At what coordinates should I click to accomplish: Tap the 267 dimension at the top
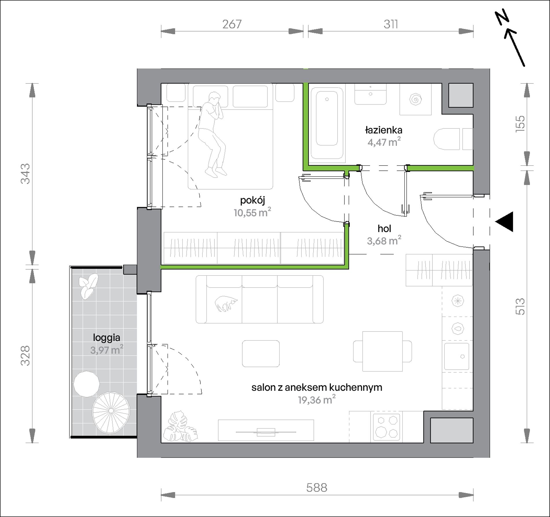(x=232, y=24)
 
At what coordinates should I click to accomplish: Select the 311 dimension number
(x=391, y=24)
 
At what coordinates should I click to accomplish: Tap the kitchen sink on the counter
(x=456, y=357)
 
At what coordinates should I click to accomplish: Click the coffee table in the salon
(x=261, y=354)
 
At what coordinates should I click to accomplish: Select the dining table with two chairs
(x=382, y=351)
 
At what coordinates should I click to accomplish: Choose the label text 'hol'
(x=384, y=229)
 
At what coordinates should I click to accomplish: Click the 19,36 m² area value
(x=317, y=400)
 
